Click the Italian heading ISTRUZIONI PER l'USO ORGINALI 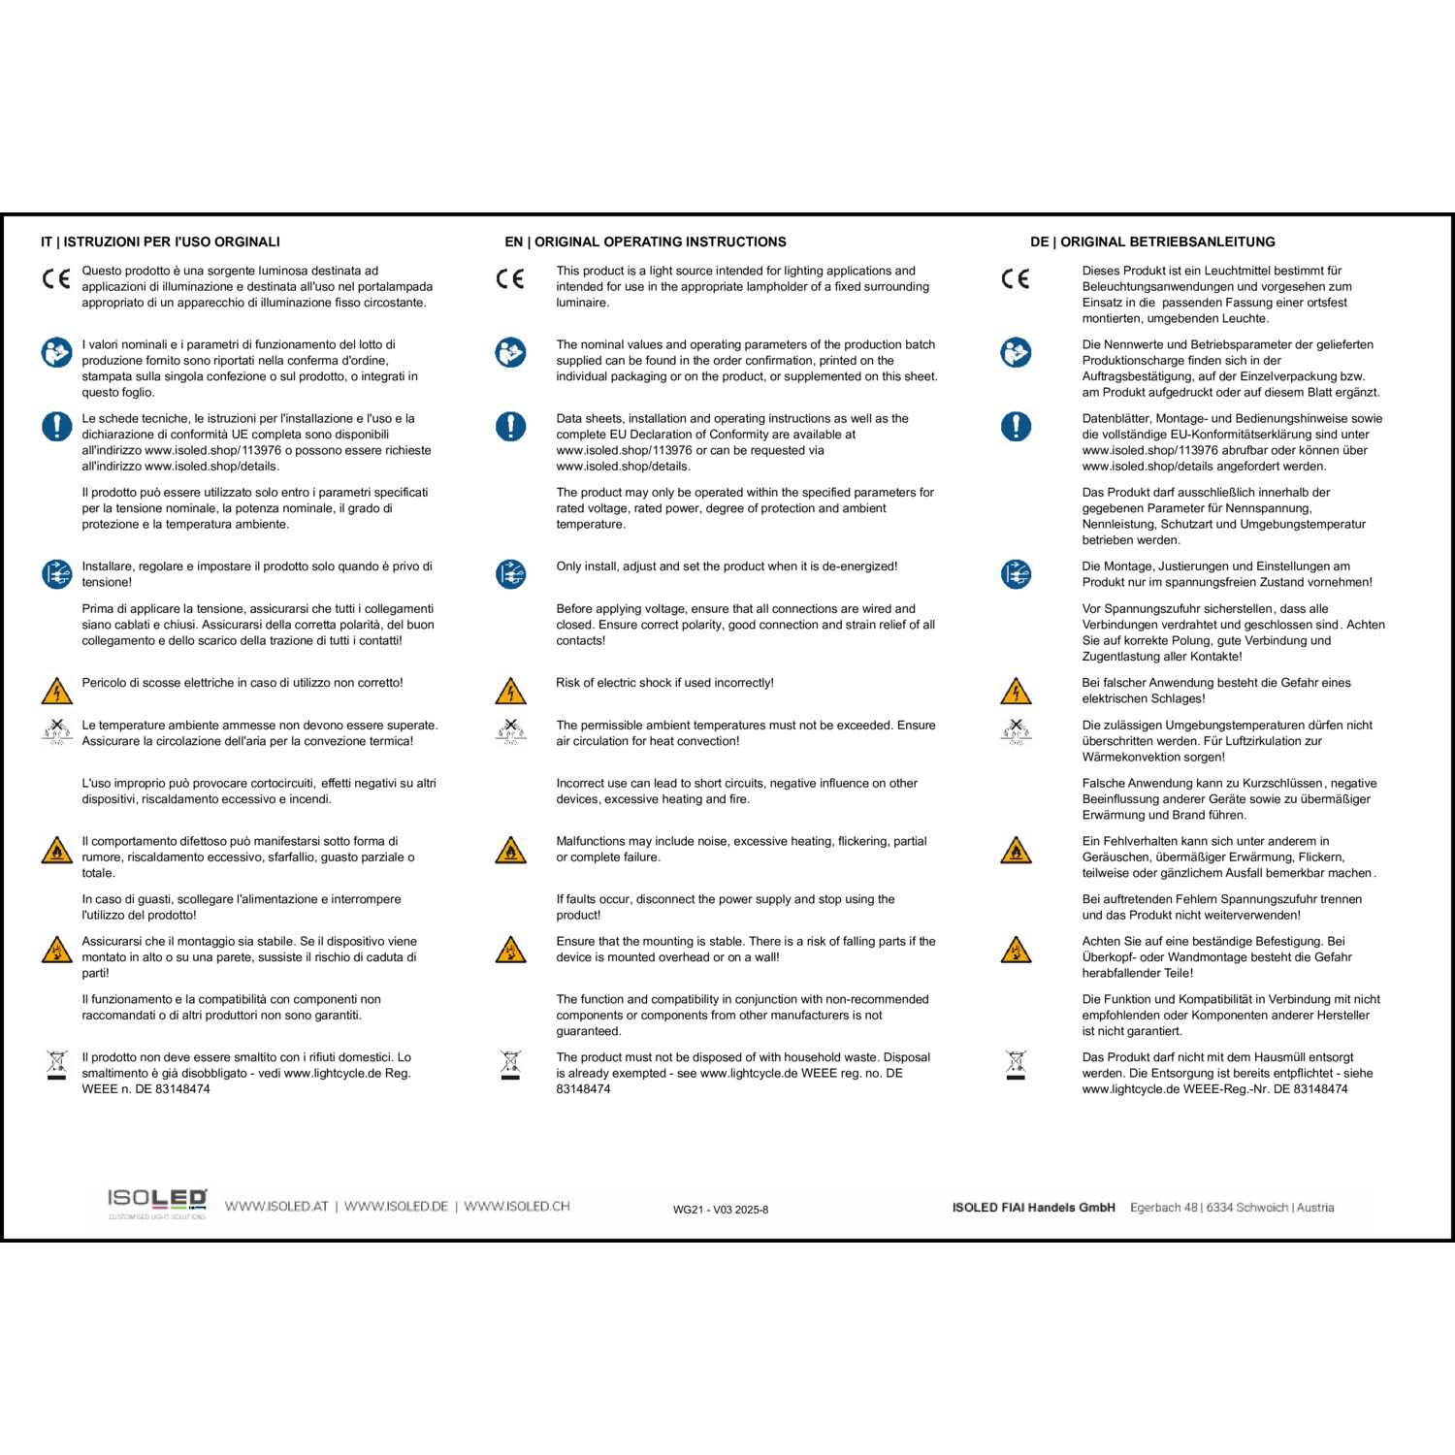(x=160, y=242)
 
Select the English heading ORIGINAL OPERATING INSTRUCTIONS (x=645, y=242)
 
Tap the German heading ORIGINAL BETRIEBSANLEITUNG (x=1152, y=242)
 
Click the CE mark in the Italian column (x=56, y=279)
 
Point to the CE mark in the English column (x=510, y=279)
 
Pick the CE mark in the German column (x=1016, y=279)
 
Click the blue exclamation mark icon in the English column (x=510, y=426)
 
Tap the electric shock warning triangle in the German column (x=1016, y=692)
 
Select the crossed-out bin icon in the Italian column (x=57, y=1064)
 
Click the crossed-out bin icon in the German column (x=1016, y=1064)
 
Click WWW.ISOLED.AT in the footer (x=276, y=1207)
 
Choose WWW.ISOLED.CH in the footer (x=516, y=1207)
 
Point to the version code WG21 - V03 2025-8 (x=721, y=1210)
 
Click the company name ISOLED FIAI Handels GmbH (x=1033, y=1208)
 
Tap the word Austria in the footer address (x=1315, y=1208)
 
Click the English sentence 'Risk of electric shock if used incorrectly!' (x=664, y=683)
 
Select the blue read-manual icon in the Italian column (x=56, y=352)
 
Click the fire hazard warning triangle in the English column (x=510, y=851)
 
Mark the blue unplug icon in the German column (x=1016, y=574)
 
